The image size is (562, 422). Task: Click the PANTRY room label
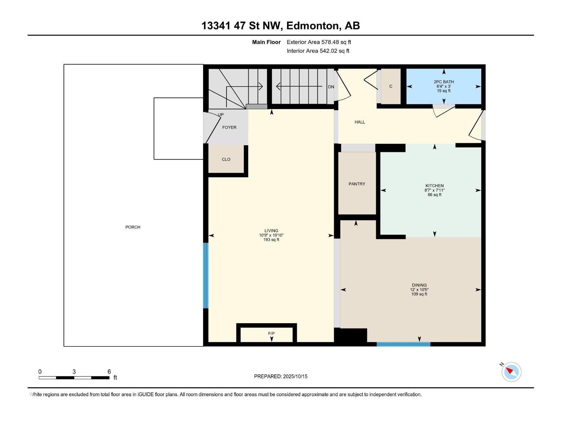pyautogui.click(x=357, y=184)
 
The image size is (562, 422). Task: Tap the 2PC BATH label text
pyautogui.click(x=444, y=82)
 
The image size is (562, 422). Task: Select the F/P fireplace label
pyautogui.click(x=271, y=333)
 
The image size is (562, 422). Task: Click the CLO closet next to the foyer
pyautogui.click(x=226, y=159)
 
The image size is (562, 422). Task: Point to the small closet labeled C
pyautogui.click(x=391, y=87)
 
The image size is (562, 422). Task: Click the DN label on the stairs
pyautogui.click(x=331, y=87)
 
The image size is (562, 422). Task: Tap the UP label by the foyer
pyautogui.click(x=221, y=115)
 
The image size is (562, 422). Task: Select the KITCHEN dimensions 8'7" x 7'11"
pyautogui.click(x=434, y=190)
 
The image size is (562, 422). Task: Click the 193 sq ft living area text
pyautogui.click(x=271, y=240)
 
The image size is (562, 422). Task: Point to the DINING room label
pyautogui.click(x=419, y=285)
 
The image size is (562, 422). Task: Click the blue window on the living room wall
pyautogui.click(x=206, y=275)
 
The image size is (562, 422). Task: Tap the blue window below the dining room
pyautogui.click(x=403, y=344)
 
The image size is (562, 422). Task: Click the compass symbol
pyautogui.click(x=511, y=372)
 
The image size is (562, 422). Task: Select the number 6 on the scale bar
pyautogui.click(x=109, y=372)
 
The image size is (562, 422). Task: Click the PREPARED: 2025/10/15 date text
pyautogui.click(x=281, y=376)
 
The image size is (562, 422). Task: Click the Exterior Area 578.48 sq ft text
pyautogui.click(x=319, y=42)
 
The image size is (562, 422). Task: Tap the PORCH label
pyautogui.click(x=133, y=227)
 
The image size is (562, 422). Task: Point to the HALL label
pyautogui.click(x=360, y=122)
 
